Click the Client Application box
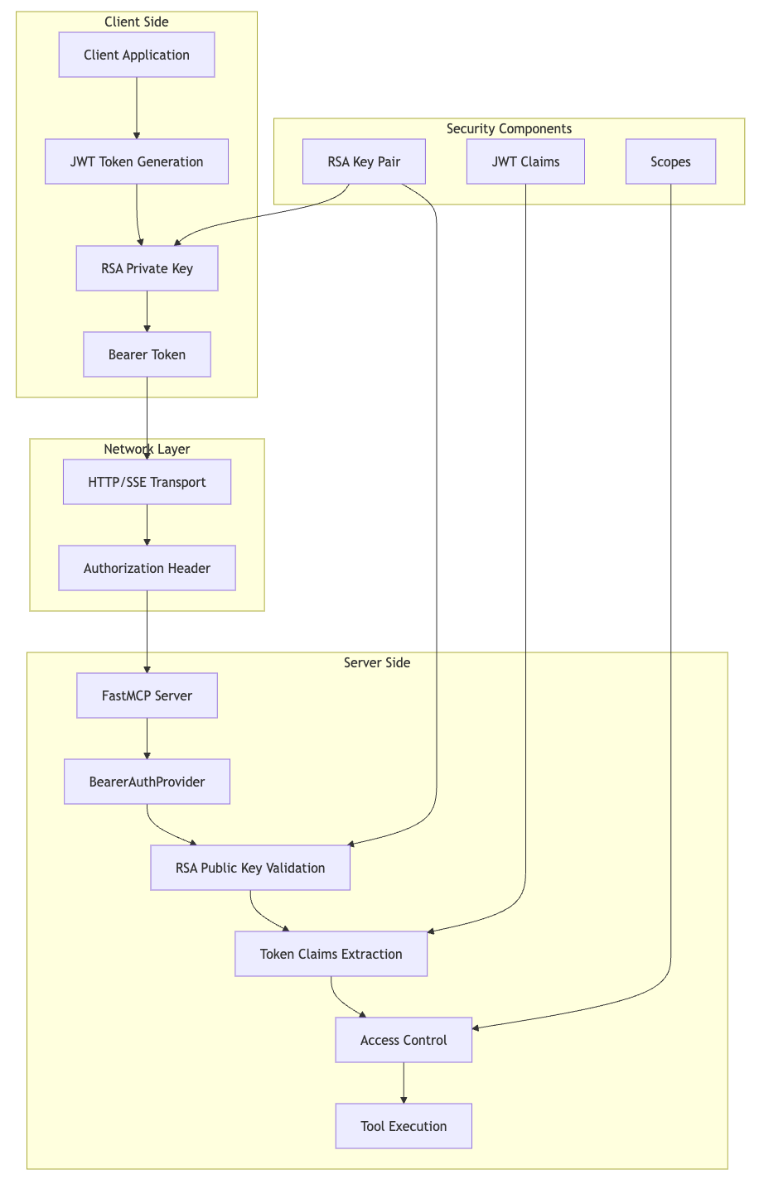point(137,55)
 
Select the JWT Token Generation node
point(137,161)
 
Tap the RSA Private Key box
point(147,268)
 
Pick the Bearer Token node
point(147,354)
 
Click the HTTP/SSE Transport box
point(147,482)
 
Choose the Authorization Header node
point(147,568)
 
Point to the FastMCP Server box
point(147,695)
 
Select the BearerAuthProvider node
point(147,782)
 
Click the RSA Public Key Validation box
point(250,868)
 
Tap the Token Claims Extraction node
point(331,954)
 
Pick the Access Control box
point(404,1040)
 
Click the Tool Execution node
point(404,1126)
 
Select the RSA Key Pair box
point(364,161)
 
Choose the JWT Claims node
point(525,161)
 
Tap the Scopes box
point(670,161)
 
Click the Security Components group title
point(509,129)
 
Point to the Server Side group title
point(377,662)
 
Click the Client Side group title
point(137,22)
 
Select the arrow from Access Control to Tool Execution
point(404,1083)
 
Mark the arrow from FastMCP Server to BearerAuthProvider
point(147,739)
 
